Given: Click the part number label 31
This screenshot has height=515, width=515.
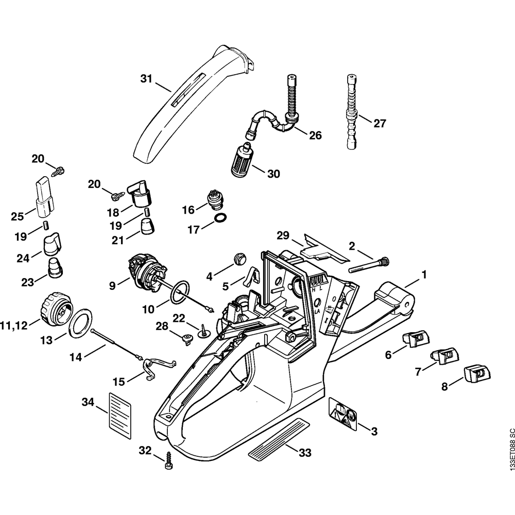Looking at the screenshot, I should point(147,79).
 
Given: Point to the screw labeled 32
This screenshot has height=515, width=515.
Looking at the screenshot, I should point(168,459).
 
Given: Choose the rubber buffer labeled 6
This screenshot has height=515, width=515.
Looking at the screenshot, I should point(415,340).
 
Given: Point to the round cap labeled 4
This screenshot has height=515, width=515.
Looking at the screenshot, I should point(239,258).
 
